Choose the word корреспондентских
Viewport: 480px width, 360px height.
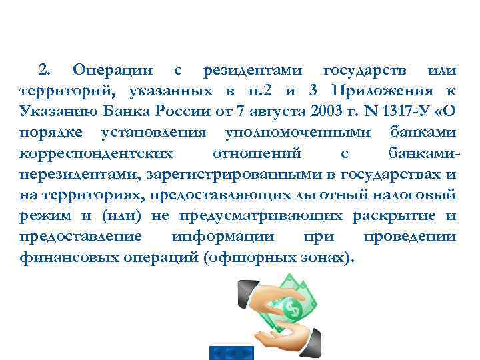pos(96,153)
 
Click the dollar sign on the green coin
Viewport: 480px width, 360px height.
pos(291,309)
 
